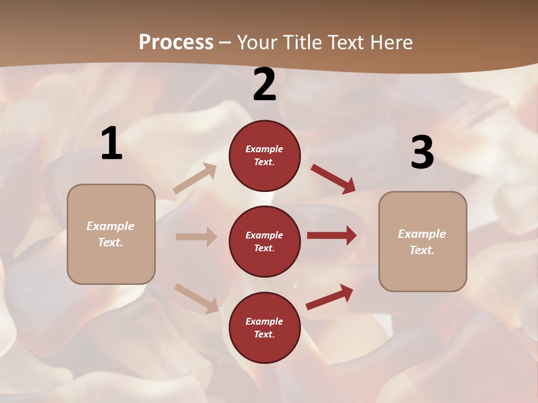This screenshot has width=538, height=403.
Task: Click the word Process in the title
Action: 176,42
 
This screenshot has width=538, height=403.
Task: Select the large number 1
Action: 112,144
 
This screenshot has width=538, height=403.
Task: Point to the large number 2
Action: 265,85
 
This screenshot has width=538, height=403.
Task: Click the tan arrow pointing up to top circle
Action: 195,178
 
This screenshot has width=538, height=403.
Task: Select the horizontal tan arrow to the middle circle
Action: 196,237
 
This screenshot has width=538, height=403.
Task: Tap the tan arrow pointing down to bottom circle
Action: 196,298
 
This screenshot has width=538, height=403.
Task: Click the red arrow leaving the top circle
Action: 333,179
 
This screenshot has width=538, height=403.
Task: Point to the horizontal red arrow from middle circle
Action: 332,236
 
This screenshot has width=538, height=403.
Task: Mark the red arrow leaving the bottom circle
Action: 330,297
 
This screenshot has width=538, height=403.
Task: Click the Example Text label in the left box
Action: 110,234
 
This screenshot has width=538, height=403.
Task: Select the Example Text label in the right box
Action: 422,242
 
